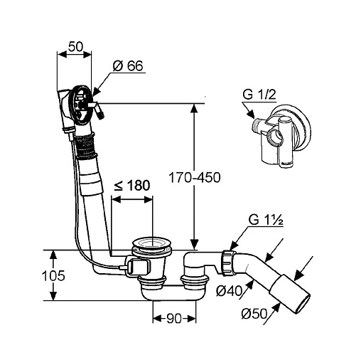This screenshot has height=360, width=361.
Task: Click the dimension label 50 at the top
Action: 75,47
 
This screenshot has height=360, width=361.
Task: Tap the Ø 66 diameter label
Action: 128,65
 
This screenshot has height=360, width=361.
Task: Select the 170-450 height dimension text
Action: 194,177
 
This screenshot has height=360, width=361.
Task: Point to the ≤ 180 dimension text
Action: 132,185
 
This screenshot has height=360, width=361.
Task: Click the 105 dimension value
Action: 53,276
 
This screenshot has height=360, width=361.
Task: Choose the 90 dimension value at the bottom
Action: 174,318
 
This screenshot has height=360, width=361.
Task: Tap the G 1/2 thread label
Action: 259,95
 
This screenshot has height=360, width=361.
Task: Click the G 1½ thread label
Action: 266,221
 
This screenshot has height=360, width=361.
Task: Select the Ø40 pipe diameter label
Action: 229,290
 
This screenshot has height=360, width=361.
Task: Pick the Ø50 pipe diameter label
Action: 254,314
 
